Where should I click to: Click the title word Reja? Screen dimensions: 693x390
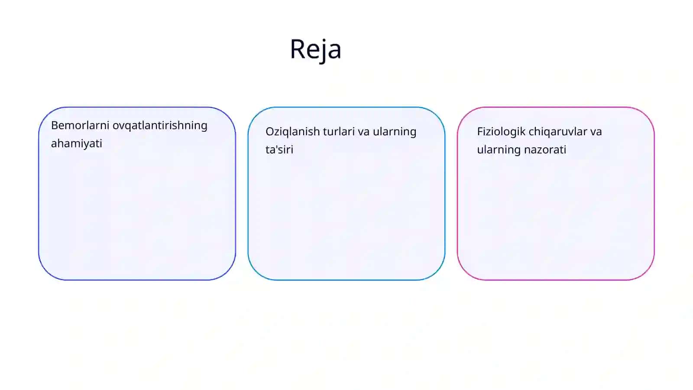[316, 49]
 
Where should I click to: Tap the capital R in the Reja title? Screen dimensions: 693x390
[297, 49]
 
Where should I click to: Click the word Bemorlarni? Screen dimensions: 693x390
[80, 125]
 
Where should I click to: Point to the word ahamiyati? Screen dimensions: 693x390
[76, 143]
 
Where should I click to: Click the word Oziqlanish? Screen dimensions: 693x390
[293, 132]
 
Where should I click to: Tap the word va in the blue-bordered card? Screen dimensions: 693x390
[363, 133]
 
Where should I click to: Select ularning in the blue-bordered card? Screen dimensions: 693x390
[395, 132]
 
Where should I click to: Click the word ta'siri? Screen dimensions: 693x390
[279, 149]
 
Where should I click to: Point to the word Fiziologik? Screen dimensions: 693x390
[501, 132]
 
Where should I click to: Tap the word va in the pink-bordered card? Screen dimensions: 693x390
[596, 133]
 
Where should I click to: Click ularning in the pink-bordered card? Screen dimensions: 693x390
[499, 150]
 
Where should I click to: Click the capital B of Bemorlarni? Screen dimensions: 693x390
[55, 125]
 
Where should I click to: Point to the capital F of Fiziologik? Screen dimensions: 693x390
[480, 132]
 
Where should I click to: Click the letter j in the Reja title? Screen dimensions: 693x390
[323, 51]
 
